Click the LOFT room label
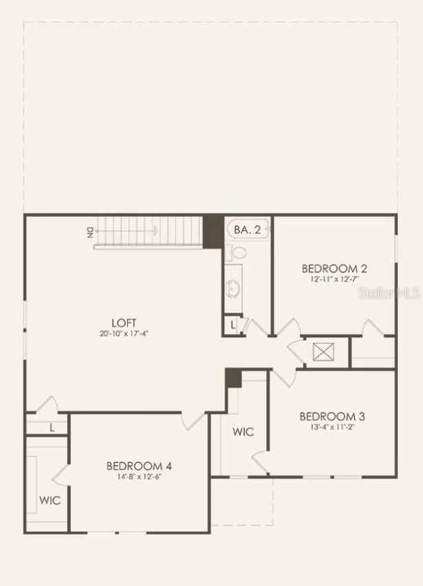(124, 322)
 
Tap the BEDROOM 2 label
(334, 269)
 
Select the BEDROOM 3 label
(332, 416)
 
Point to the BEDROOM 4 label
(139, 466)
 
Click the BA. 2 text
(247, 229)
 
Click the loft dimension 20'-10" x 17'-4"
(124, 333)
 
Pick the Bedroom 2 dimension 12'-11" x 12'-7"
(334, 279)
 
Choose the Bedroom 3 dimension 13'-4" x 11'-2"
(332, 427)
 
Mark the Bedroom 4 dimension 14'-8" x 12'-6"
(139, 477)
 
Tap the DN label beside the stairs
(90, 232)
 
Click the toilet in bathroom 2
(236, 253)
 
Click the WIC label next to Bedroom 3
(243, 431)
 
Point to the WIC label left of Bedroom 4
(50, 500)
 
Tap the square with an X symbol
(323, 352)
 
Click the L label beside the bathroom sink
(233, 325)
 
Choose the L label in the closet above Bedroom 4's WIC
(52, 427)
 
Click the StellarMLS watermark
(389, 293)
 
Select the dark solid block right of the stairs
(213, 232)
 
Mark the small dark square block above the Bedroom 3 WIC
(233, 378)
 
